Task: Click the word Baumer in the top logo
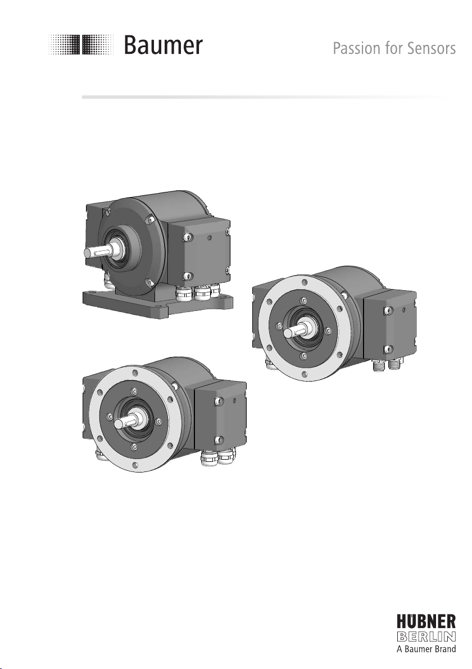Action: click(x=163, y=45)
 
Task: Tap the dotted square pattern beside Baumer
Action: click(x=81, y=44)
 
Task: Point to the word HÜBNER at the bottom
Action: click(x=426, y=621)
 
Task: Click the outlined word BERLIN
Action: click(x=426, y=636)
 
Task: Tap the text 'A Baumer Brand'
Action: click(x=426, y=649)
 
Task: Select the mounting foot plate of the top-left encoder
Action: click(x=158, y=303)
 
